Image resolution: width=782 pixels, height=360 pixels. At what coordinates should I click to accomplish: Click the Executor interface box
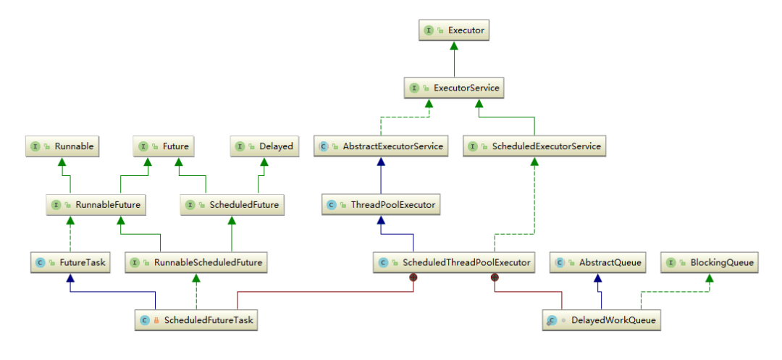pyautogui.click(x=455, y=30)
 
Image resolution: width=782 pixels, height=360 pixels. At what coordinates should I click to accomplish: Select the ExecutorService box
pyautogui.click(x=454, y=88)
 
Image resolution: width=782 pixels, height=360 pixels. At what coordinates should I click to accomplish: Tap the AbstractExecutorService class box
pyautogui.click(x=382, y=146)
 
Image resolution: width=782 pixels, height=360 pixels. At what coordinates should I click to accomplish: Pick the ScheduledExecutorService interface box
pyautogui.click(x=534, y=146)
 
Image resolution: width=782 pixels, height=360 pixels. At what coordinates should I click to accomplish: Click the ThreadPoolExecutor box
pyautogui.click(x=382, y=205)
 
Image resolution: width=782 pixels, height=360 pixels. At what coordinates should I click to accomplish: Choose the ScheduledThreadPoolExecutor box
pyautogui.click(x=454, y=262)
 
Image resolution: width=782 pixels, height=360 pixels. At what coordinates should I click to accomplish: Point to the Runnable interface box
pyautogui.click(x=63, y=146)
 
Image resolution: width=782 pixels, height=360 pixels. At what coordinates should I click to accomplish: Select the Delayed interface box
pyautogui.click(x=264, y=146)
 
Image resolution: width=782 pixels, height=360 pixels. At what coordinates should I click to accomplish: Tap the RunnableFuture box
pyautogui.click(x=96, y=205)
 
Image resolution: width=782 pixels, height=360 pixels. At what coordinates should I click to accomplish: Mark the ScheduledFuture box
pyautogui.click(x=231, y=205)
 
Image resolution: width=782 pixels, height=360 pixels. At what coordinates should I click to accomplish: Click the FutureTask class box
pyautogui.click(x=70, y=262)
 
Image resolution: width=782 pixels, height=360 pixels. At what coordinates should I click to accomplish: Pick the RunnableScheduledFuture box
pyautogui.click(x=196, y=262)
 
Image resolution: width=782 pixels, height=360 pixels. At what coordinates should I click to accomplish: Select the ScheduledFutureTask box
pyautogui.click(x=197, y=319)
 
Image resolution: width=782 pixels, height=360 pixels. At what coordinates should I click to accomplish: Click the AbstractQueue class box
pyautogui.click(x=598, y=262)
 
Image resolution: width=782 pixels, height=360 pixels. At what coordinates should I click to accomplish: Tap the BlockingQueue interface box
pyautogui.click(x=710, y=262)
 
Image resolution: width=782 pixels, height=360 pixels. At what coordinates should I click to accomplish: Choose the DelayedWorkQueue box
pyautogui.click(x=602, y=319)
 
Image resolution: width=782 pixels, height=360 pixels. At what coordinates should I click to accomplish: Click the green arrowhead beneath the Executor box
pyautogui.click(x=454, y=46)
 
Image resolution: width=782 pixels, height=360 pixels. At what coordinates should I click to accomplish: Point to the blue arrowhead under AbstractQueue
pyautogui.click(x=597, y=277)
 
